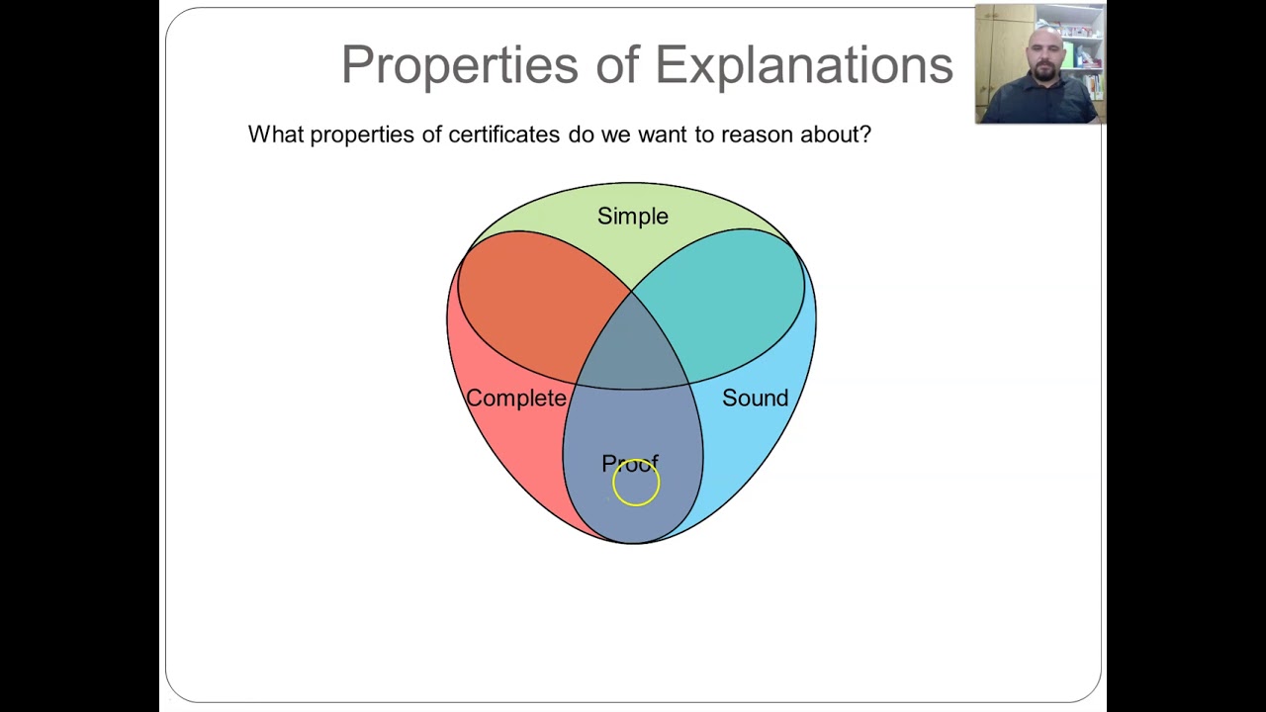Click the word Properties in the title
coord(459,65)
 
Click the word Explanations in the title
coord(803,65)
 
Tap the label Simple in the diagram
coord(632,216)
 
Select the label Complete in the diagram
coord(515,398)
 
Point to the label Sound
coord(755,398)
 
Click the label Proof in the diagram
coord(629,463)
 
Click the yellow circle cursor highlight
coord(635,484)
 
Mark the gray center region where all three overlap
coord(633,346)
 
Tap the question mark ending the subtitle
coord(865,134)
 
